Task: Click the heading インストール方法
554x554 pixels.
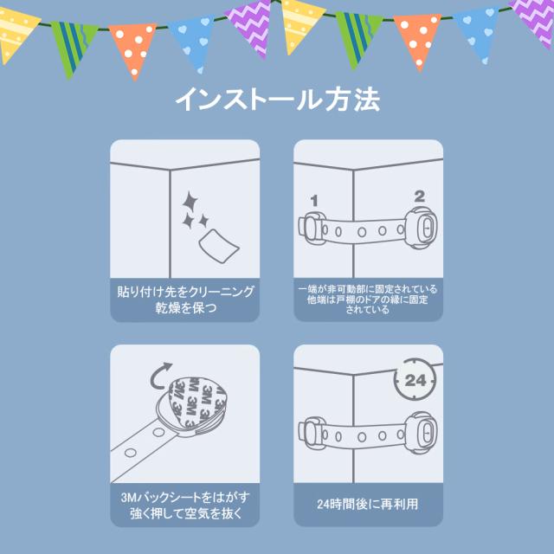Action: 277,100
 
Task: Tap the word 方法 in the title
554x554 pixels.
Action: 352,100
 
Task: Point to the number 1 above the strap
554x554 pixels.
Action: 313,201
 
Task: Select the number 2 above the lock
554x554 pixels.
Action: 419,196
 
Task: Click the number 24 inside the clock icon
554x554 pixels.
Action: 415,380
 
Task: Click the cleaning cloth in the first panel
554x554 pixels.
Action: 219,246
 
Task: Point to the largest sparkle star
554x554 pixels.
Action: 190,202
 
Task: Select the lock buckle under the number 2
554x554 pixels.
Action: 421,228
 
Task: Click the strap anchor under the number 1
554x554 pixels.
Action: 311,228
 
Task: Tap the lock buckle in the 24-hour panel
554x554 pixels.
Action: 421,433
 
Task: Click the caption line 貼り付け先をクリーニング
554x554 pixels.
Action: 185,292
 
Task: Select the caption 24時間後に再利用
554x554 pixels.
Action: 367,504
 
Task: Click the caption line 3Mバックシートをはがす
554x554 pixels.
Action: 185,497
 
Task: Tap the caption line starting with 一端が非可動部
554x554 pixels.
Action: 367,289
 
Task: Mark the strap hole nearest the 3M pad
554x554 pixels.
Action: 158,432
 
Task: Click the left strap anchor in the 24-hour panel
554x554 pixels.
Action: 311,433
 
